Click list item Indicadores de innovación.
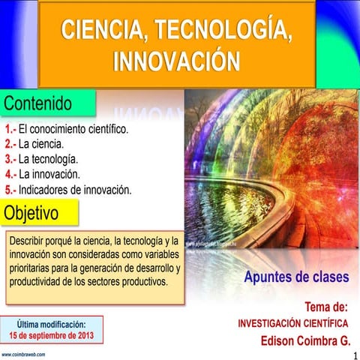[x=75, y=190]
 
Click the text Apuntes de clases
[x=296, y=277]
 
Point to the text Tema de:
[x=326, y=307]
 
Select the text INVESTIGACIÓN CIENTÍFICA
[x=292, y=323]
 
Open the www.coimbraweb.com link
[x=23, y=353]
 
